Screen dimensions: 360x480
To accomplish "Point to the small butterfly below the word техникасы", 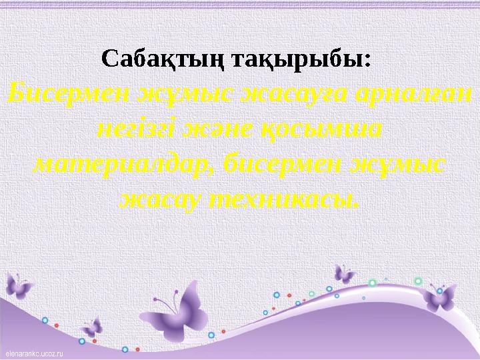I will [345, 273].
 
